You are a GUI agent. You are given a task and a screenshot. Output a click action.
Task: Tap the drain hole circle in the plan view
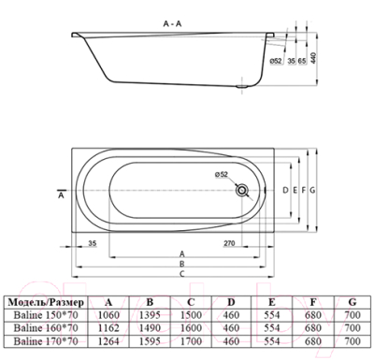point(243,191)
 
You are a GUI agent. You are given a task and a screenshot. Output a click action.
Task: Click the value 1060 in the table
point(109,317)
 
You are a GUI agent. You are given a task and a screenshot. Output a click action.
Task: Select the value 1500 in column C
point(191,317)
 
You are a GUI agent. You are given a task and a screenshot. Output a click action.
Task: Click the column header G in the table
point(351,302)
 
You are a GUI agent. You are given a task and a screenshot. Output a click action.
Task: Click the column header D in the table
point(230,302)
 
